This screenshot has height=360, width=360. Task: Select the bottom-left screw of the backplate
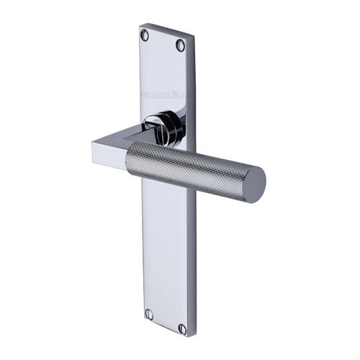point(150,315)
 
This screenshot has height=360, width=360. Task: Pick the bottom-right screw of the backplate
point(182,328)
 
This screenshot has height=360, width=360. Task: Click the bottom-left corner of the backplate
point(143,320)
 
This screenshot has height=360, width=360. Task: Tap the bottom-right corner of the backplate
point(189,337)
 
